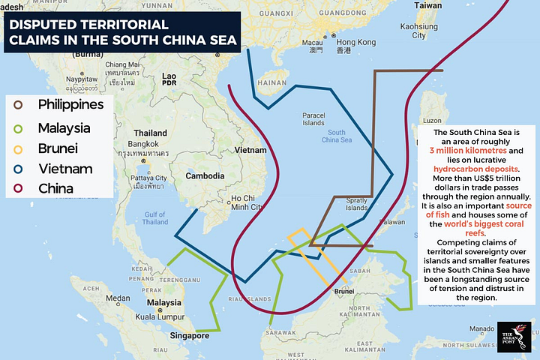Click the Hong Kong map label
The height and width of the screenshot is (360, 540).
tap(355, 43)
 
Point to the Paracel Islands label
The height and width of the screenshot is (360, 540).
tap(313, 118)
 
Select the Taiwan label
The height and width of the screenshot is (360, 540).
tap(428, 5)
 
